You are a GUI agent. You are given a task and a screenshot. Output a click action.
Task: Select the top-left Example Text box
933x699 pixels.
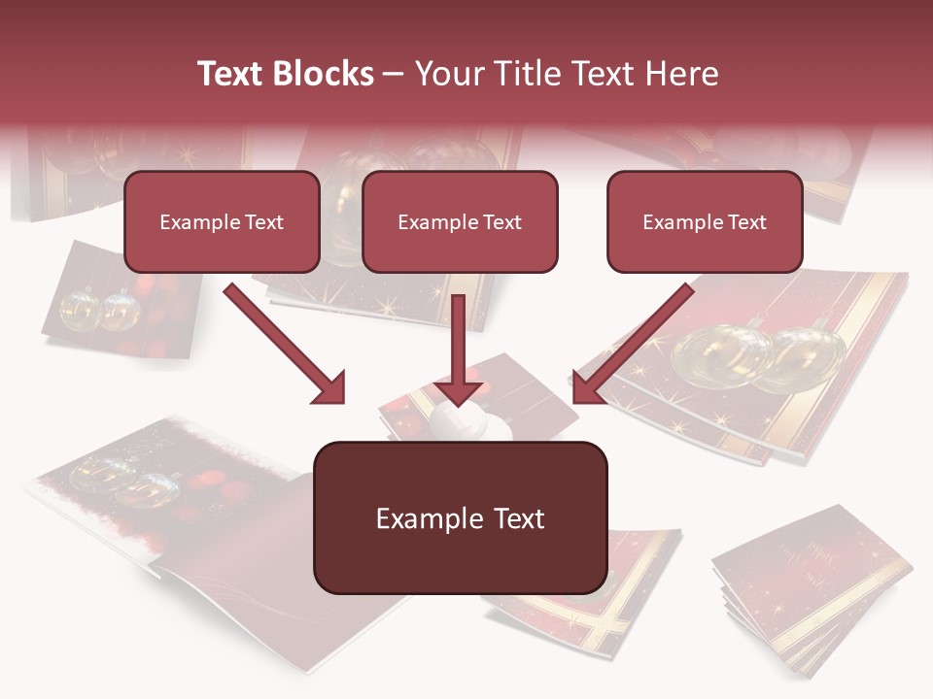(x=222, y=221)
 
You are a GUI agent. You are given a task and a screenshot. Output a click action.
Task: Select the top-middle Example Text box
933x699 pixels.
(x=460, y=221)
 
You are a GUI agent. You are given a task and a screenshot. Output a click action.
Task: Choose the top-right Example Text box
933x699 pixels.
(x=705, y=221)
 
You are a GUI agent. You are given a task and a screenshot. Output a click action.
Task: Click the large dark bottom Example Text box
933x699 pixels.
(x=460, y=517)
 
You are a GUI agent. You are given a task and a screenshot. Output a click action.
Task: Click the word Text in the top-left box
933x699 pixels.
(x=263, y=222)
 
